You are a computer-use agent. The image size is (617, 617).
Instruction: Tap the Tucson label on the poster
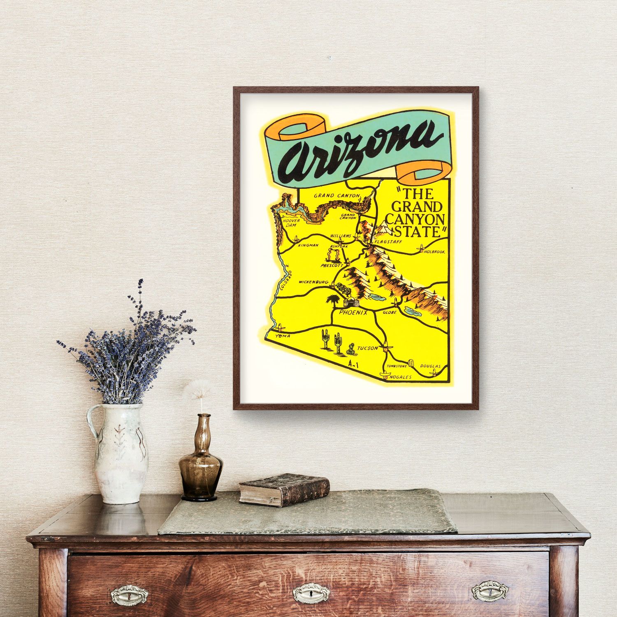[367, 348]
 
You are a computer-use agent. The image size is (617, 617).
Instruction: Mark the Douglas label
[430, 366]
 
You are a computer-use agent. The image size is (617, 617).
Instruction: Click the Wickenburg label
[313, 283]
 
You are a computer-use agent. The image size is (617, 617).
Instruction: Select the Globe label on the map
[389, 313]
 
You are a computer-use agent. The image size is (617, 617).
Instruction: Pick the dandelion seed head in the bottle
[200, 389]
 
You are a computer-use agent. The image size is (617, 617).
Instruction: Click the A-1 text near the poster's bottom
[353, 364]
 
